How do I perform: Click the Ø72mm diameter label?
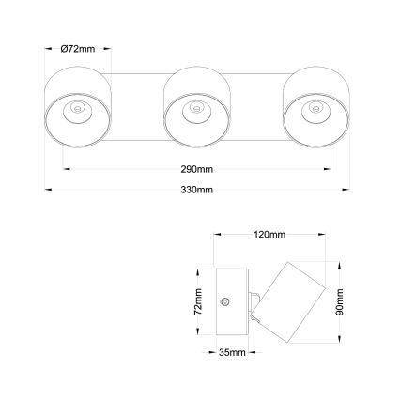point(76,49)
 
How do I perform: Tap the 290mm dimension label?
point(197,169)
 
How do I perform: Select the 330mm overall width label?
point(197,190)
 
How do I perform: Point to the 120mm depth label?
point(269,235)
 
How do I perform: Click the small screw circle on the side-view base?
point(224,301)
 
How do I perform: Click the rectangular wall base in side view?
point(231,300)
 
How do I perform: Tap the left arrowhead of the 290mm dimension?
point(65,169)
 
